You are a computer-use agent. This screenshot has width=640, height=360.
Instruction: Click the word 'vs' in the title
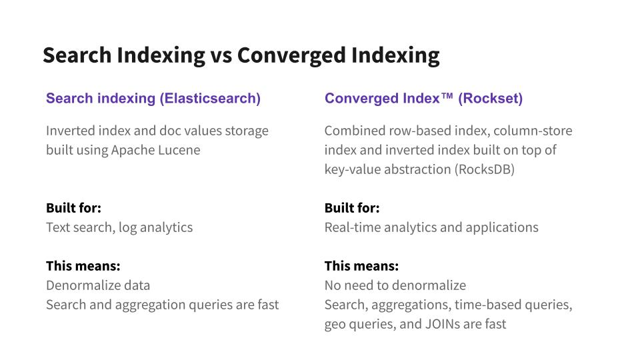point(221,55)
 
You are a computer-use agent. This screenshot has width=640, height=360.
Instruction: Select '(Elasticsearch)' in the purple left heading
point(210,99)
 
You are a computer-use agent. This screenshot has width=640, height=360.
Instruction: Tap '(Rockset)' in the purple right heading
point(490,99)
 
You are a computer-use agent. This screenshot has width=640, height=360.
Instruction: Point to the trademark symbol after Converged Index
point(447,96)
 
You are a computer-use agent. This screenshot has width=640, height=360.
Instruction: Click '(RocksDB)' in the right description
point(485,169)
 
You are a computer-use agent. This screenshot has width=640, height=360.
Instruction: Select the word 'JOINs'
point(443,324)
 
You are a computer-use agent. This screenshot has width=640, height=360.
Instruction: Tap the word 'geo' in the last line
point(333,325)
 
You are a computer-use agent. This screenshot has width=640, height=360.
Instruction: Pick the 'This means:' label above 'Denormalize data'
point(83,266)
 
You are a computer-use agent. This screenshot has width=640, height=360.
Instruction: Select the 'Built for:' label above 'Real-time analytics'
point(352,208)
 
